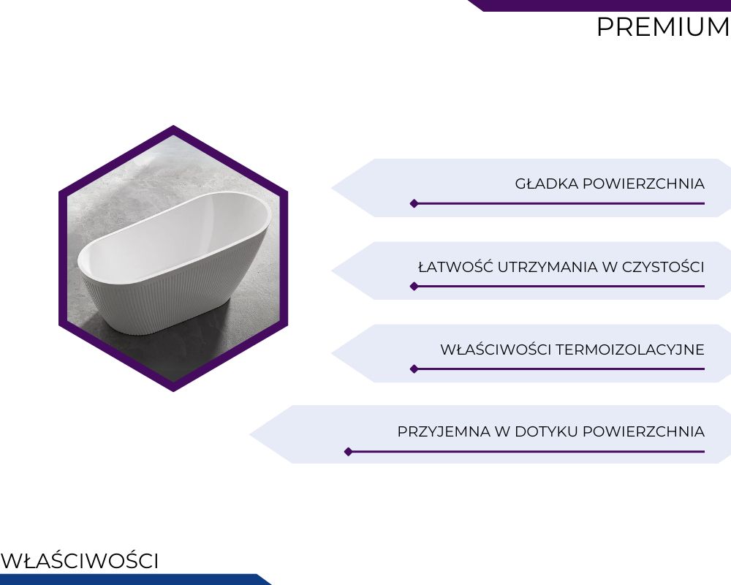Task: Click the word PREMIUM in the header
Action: pos(664,27)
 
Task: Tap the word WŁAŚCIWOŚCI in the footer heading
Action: pos(80,560)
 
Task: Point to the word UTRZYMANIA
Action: pos(548,267)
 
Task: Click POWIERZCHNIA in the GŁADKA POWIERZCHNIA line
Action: pos(644,184)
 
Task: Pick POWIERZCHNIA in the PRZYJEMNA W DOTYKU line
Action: pos(644,431)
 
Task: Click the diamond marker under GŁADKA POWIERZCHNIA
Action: pos(414,203)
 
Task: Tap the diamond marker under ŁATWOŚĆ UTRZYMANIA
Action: pos(414,287)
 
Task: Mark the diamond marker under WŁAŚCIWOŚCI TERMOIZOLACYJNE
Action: pos(414,369)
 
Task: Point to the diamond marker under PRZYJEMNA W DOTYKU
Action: pos(348,452)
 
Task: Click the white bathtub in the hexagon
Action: pos(173,261)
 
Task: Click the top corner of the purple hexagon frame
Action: pos(173,125)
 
